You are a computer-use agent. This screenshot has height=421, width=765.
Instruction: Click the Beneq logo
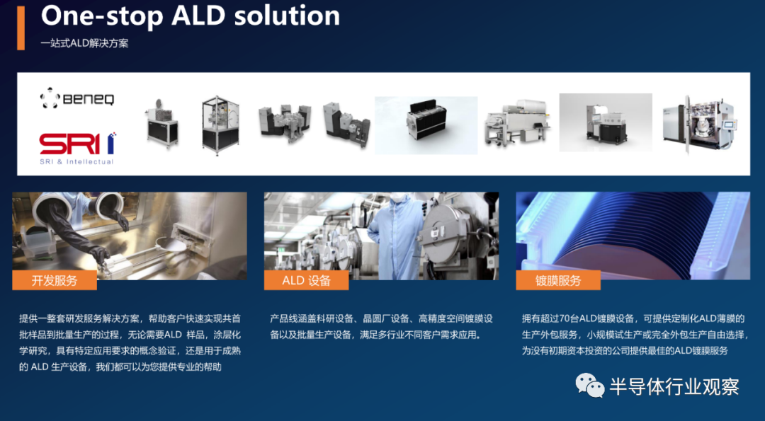coord(77,98)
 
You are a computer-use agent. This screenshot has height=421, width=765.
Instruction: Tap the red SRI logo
coord(78,144)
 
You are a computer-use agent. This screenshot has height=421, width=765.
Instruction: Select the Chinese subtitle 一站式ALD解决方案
coord(84,43)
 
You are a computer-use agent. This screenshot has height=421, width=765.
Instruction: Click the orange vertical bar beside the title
coord(21,28)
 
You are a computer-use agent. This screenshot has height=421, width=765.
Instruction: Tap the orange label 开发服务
coord(54,281)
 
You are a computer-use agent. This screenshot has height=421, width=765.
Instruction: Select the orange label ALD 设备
coord(307,281)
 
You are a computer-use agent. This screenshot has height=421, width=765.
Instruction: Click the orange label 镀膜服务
coord(558,281)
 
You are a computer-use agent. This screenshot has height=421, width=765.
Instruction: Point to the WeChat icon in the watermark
coord(590,386)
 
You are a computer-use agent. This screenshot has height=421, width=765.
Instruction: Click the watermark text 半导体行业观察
coord(674,387)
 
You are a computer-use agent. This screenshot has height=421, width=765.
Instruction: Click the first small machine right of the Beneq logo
coord(161,124)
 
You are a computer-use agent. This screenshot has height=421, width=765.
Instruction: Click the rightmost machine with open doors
coord(699,124)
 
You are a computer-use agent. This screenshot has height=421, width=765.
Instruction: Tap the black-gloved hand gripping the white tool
coord(100,254)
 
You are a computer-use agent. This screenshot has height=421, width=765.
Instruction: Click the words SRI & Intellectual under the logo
coord(76,162)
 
